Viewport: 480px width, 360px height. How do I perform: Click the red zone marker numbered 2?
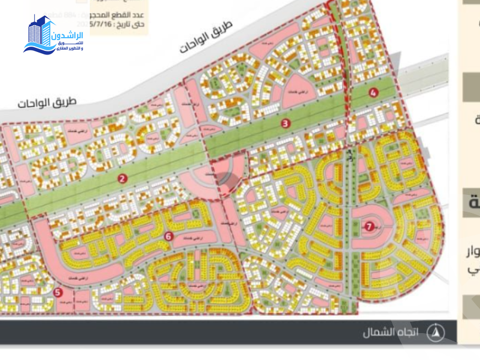coord(122,178)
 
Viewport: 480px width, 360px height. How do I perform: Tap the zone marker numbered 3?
coord(286,124)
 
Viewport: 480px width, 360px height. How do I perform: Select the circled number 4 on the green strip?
coord(373,92)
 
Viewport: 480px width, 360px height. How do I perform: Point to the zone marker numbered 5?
coord(57,292)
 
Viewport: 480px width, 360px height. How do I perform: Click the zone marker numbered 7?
coord(369,227)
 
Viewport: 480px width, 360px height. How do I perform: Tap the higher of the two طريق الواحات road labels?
coord(206,40)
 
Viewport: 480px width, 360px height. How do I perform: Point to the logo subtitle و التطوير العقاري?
coord(69,48)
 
